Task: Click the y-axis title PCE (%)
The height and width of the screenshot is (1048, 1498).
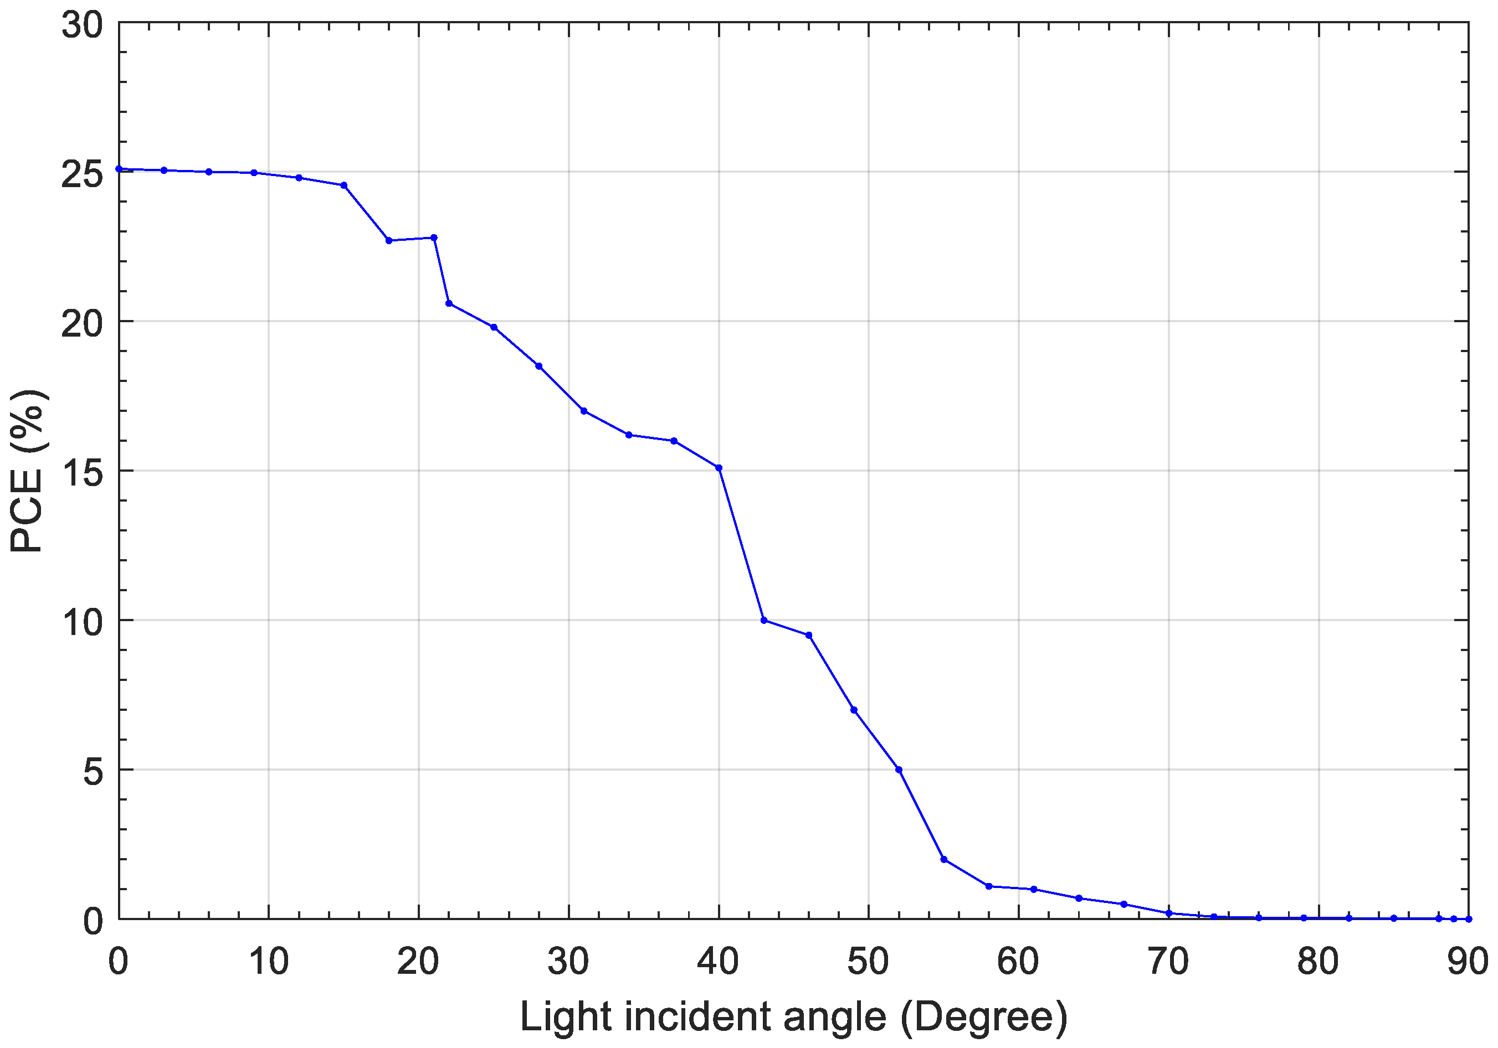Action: click(27, 471)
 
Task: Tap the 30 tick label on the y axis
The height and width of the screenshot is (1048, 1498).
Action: click(82, 26)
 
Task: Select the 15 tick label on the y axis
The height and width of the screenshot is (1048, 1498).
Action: click(82, 473)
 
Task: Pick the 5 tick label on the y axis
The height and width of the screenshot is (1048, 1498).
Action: click(93, 772)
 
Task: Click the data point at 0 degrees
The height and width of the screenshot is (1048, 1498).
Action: click(119, 169)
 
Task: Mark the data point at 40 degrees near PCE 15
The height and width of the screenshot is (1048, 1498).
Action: click(719, 468)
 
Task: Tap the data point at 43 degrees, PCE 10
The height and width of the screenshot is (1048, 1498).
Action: click(764, 620)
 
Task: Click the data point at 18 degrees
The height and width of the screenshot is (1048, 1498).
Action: click(389, 241)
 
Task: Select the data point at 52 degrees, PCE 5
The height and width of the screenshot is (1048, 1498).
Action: click(899, 770)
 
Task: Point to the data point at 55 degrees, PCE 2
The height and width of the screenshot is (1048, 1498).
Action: click(944, 860)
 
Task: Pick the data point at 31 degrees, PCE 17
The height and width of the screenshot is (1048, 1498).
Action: click(584, 411)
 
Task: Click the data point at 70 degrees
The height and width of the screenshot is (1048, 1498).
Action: click(1169, 913)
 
